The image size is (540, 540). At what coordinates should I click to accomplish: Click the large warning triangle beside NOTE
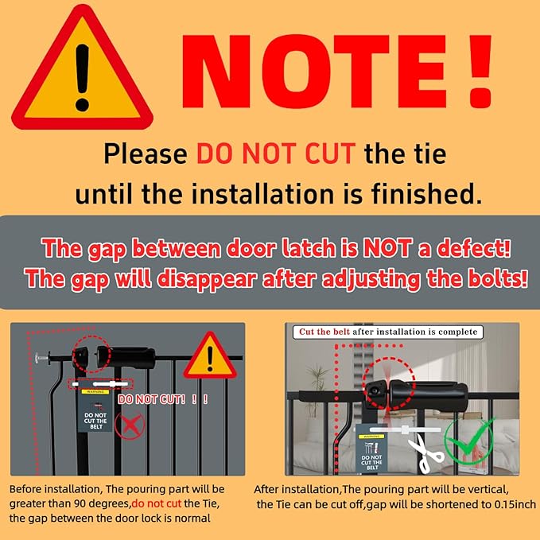pyautogui.click(x=83, y=69)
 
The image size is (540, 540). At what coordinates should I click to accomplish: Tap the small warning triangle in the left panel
pyautogui.click(x=210, y=356)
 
